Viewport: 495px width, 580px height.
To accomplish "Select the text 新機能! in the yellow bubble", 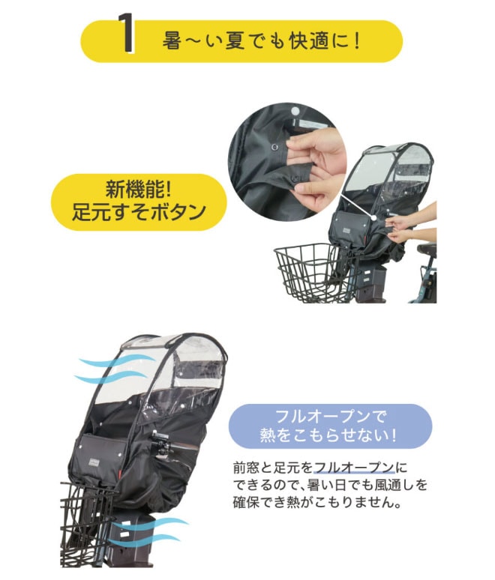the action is tap(139, 190).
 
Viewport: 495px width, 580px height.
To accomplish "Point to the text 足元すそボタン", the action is tap(139, 212).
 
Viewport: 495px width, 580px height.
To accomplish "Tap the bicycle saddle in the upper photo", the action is tap(427, 250).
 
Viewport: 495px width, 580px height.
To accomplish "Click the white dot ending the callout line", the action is tap(374, 218).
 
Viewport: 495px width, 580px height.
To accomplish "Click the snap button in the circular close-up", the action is tap(274, 147).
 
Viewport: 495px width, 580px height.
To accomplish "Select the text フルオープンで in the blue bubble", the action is tap(331, 417).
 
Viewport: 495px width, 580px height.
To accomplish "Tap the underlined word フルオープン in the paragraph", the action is tap(354, 468).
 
